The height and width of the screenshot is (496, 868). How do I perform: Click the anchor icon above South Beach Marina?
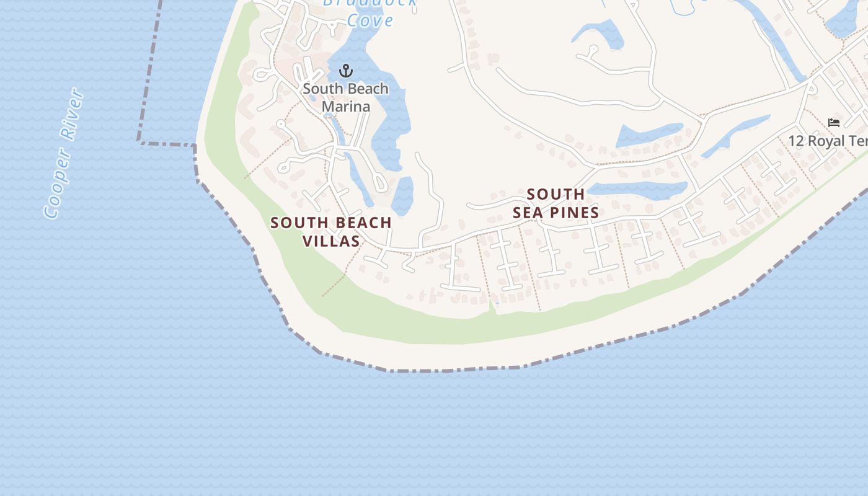point(346,70)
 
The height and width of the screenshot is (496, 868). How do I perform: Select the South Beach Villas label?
point(331,231)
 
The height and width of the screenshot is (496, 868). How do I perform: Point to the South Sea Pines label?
point(556,203)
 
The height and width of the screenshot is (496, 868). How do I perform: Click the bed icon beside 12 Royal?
point(834,123)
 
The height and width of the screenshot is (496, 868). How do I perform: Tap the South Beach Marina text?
point(346,97)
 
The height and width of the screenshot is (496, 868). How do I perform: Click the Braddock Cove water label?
point(370,12)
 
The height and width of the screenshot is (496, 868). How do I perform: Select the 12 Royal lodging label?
point(828,141)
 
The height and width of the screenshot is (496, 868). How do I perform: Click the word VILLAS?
point(331,241)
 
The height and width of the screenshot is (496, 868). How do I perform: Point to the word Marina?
point(346,106)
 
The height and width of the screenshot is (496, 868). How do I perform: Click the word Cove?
point(370,20)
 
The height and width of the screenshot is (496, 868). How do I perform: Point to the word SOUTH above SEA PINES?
point(556,194)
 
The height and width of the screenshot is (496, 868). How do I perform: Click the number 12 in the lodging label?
point(796,141)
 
